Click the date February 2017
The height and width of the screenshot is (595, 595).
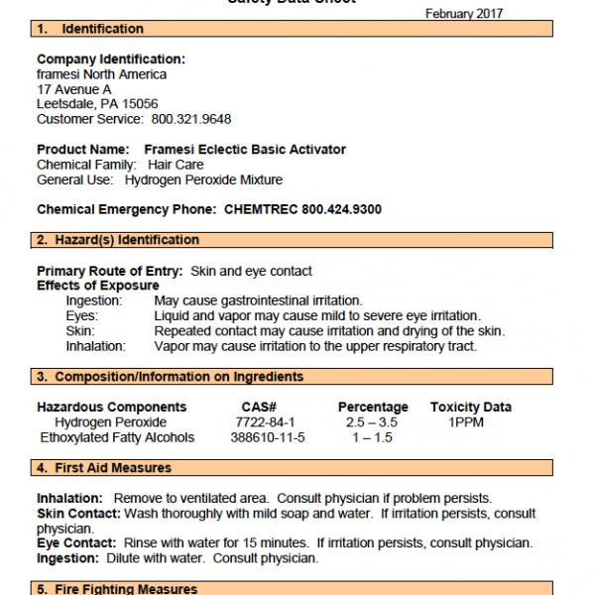pos(464,14)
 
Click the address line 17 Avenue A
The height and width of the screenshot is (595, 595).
pos(74,89)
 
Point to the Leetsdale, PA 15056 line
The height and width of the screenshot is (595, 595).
pos(97,104)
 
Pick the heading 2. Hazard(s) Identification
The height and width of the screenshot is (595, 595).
pos(118,240)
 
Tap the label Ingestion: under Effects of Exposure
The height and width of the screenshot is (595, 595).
pos(94,300)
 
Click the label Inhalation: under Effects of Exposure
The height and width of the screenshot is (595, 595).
pos(96,346)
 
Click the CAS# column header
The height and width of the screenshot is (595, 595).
pos(259,407)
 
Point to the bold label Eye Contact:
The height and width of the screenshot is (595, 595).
pos(77,542)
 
